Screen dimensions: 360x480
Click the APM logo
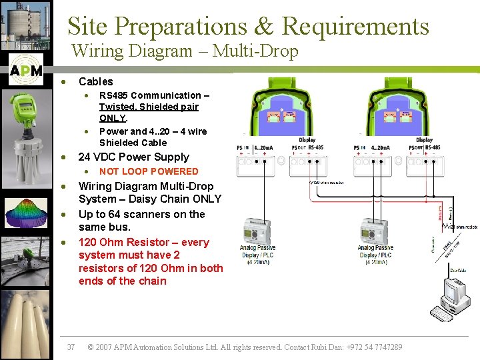pos(26,71)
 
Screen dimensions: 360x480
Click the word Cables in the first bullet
pos(96,81)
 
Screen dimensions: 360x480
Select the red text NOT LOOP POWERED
pos(149,171)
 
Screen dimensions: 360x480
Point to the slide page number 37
pos(71,347)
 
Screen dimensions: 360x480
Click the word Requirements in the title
pos(355,27)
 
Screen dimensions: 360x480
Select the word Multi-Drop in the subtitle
pos(267,51)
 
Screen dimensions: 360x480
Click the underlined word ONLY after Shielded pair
pos(113,118)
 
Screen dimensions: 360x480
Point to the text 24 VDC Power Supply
pos(134,157)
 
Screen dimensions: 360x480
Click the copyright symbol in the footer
pos(91,347)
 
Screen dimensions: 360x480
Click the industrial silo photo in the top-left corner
pos(25,27)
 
